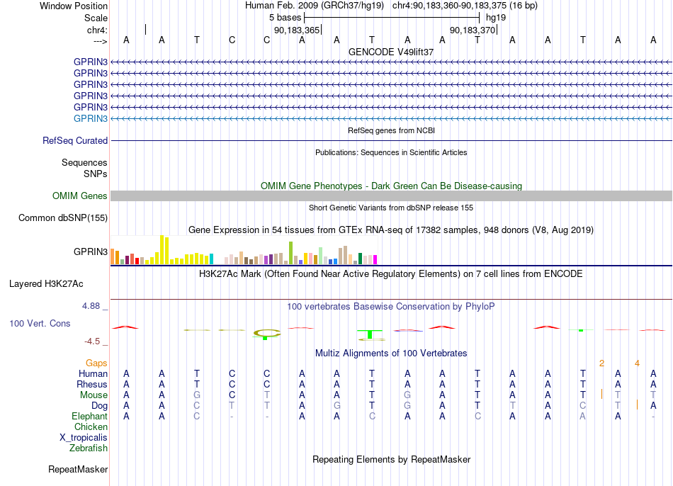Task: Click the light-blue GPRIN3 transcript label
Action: point(91,118)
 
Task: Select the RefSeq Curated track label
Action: point(75,140)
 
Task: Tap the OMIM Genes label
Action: point(80,196)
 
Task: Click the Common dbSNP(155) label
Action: point(63,217)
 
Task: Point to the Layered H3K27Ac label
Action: point(46,284)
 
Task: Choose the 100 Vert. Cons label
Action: point(40,323)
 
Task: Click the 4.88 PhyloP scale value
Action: point(91,305)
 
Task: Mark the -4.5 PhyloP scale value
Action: point(92,341)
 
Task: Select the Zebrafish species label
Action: point(89,448)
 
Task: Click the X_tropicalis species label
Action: point(84,438)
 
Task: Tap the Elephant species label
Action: point(90,417)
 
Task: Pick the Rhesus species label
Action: point(92,384)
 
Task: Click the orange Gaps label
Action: point(96,363)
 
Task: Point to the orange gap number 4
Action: point(638,363)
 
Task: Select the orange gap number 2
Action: point(601,363)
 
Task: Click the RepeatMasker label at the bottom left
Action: point(78,469)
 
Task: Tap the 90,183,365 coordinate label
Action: point(297,30)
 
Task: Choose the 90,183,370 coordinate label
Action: point(473,30)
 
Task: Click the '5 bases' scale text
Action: point(285,18)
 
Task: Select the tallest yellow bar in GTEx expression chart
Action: point(162,249)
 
